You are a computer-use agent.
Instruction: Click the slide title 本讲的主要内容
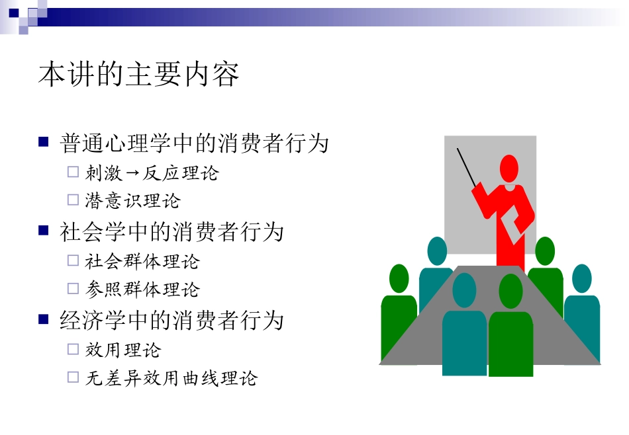tap(139, 75)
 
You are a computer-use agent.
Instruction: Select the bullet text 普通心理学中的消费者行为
tap(195, 143)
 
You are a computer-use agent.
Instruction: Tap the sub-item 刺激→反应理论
tap(152, 173)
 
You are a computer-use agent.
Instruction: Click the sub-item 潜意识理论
tap(132, 201)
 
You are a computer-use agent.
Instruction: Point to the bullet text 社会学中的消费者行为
tap(172, 232)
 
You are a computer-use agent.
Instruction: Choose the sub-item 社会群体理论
tap(142, 261)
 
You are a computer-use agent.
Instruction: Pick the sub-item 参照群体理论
tap(142, 290)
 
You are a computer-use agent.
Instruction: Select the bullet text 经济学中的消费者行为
tap(172, 321)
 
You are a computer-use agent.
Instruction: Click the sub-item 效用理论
tap(123, 350)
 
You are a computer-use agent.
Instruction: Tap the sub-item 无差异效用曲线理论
tap(171, 378)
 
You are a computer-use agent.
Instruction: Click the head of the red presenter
tap(508, 169)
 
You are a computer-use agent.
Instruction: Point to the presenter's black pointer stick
tap(466, 167)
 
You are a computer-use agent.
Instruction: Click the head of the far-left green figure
tap(399, 278)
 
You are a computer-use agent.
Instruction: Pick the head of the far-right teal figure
tap(581, 278)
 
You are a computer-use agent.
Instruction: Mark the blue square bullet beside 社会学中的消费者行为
tap(44, 230)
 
